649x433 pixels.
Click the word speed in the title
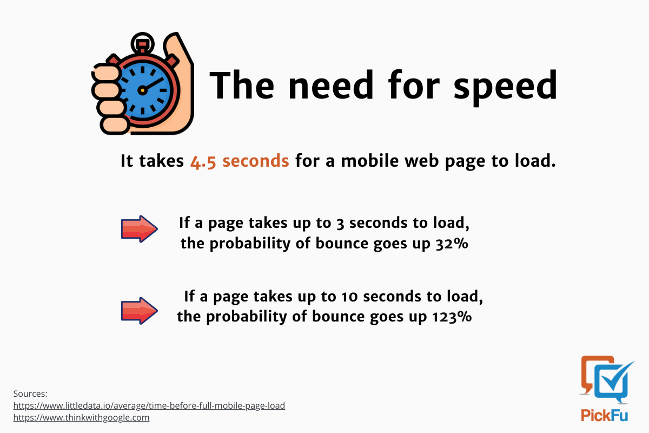(x=505, y=87)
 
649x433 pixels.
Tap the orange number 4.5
(x=203, y=161)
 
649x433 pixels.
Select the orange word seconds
(x=255, y=161)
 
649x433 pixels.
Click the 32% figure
(x=452, y=244)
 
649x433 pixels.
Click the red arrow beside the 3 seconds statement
(x=140, y=229)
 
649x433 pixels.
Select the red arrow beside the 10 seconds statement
(x=140, y=311)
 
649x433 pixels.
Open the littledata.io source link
(x=149, y=405)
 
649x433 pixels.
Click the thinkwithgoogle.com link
(x=82, y=418)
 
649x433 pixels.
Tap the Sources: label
(x=30, y=393)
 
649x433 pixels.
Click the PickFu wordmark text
(x=604, y=415)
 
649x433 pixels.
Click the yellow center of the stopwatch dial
(x=143, y=90)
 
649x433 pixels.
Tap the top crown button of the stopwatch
(x=142, y=44)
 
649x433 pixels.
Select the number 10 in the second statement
(x=349, y=297)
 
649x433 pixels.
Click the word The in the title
(x=242, y=86)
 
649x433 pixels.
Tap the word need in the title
(x=331, y=86)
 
